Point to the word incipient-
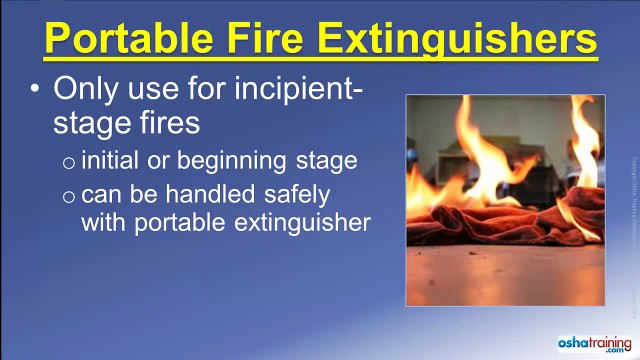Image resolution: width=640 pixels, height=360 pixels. coord(289,91)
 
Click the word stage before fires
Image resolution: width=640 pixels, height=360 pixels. coord(96,123)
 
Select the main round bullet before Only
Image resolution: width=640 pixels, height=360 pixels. coord(36,90)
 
